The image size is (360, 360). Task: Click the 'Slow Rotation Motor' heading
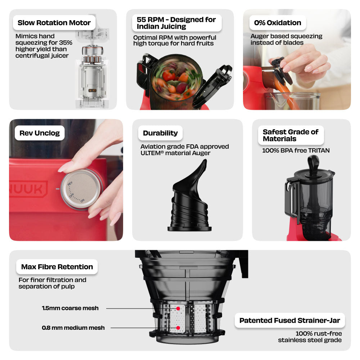coord(54,23)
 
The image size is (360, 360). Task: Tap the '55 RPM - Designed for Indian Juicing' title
coord(176,23)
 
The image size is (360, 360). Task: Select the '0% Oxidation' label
coord(278,23)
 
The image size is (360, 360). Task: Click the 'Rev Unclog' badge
coord(40,133)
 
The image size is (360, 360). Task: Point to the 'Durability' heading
coord(160,133)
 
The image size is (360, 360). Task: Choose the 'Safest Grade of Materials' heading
coord(291,135)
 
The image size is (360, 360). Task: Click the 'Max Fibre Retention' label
coord(57,267)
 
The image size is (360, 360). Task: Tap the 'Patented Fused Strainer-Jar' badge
coord(290,320)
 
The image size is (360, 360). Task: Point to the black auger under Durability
coord(190,195)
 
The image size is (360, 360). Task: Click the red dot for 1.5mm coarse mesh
coord(178,309)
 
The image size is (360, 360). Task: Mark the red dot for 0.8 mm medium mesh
coord(178,328)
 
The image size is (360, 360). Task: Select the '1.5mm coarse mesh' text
coord(70,308)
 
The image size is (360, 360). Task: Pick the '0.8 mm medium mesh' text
coord(73,328)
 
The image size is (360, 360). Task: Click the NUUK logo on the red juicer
coord(28,189)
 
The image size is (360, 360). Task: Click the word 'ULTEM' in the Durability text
coord(150,153)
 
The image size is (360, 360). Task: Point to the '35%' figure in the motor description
coord(66,43)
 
